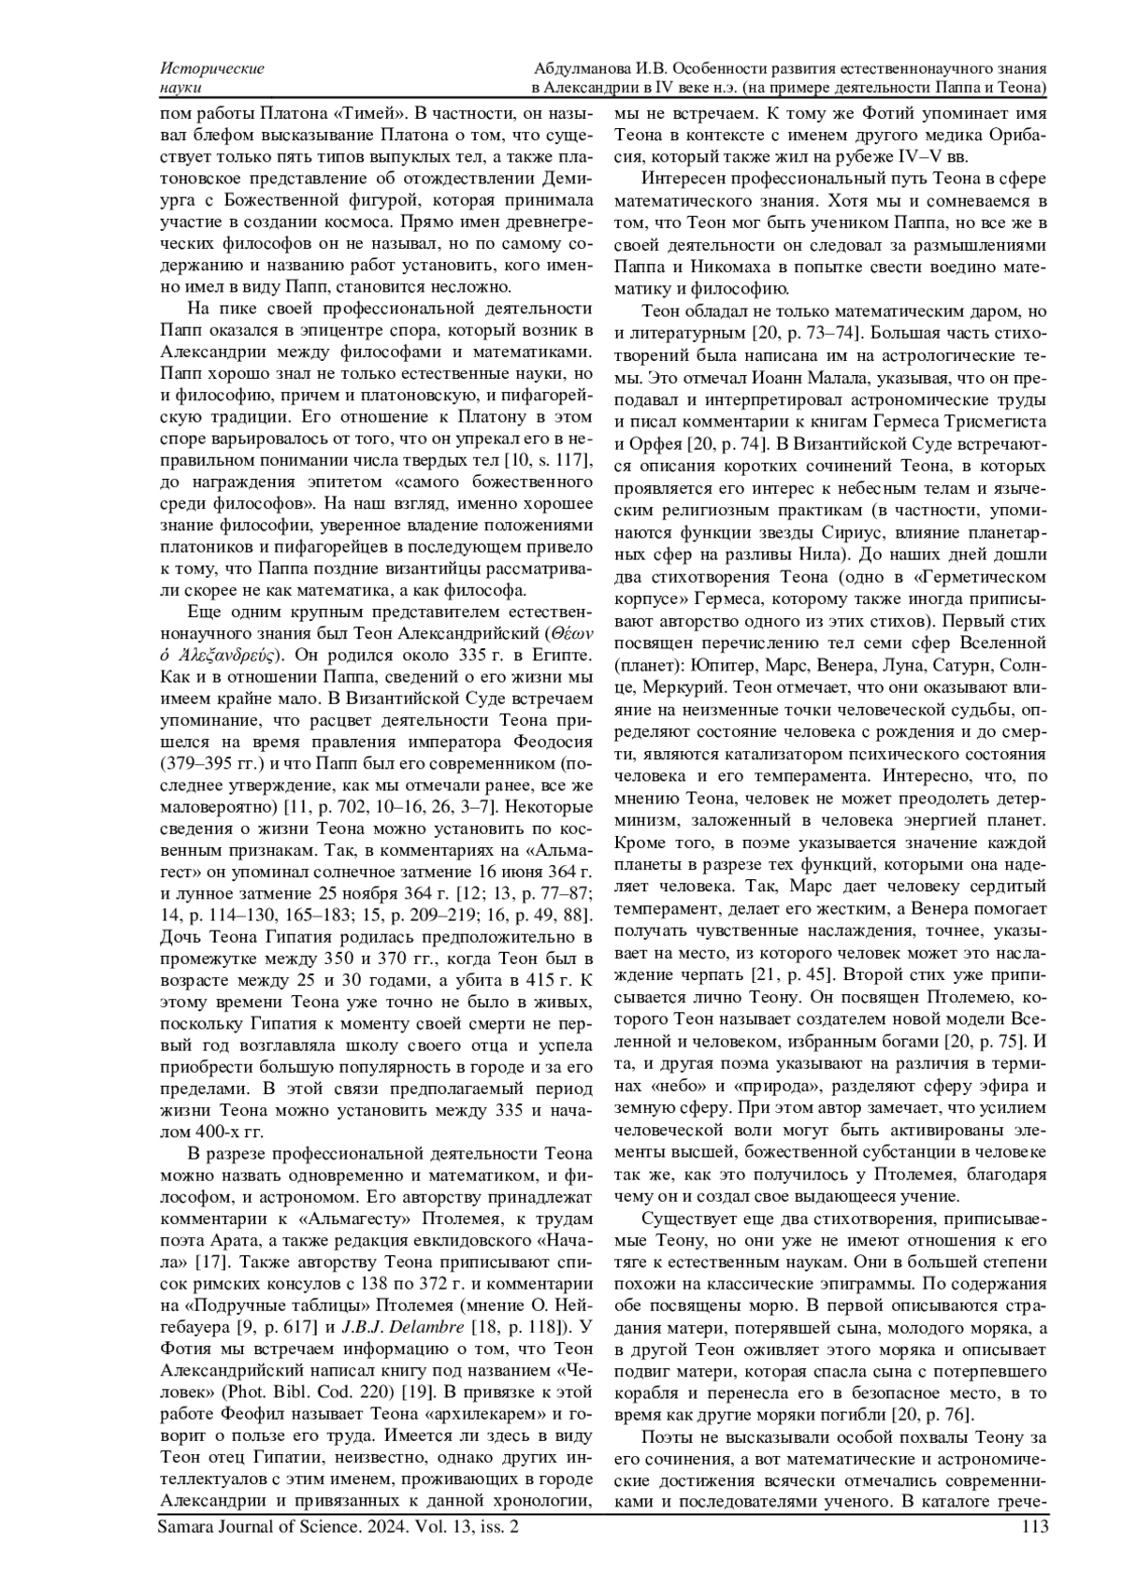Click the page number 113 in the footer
tap(1034, 1528)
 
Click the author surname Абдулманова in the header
tap(587, 68)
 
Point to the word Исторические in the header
tap(211, 68)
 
